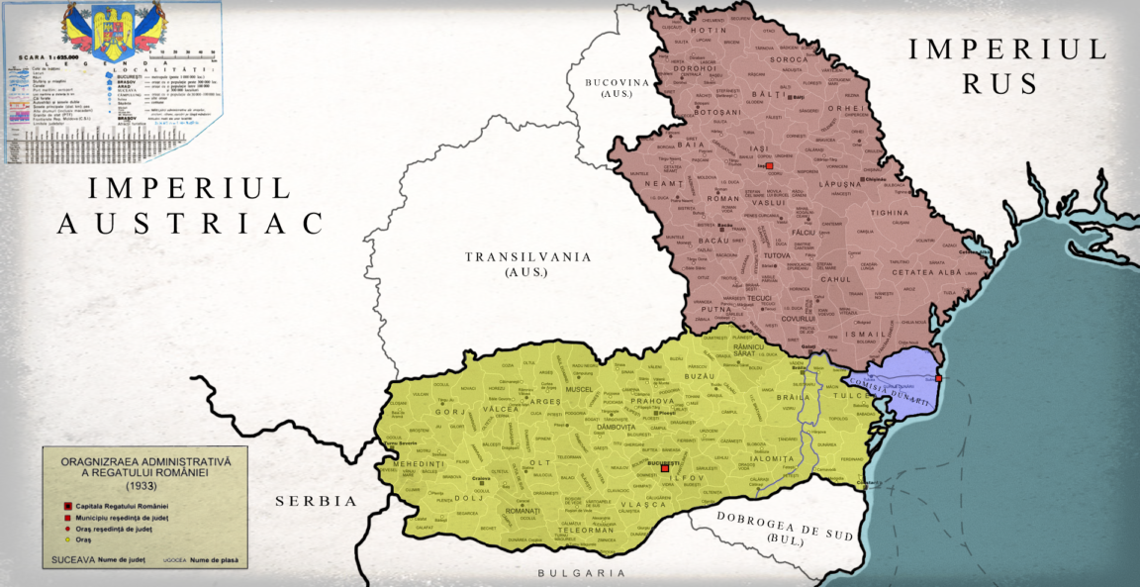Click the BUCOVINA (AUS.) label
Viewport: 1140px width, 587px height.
tap(622, 85)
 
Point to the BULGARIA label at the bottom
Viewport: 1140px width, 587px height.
tap(582, 573)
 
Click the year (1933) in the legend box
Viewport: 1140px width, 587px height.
tap(144, 487)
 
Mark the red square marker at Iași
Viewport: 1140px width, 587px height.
tap(768, 166)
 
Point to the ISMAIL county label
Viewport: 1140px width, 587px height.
tap(865, 334)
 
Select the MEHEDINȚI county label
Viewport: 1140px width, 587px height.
tap(420, 463)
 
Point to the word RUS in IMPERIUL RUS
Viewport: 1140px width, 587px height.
tap(1000, 84)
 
